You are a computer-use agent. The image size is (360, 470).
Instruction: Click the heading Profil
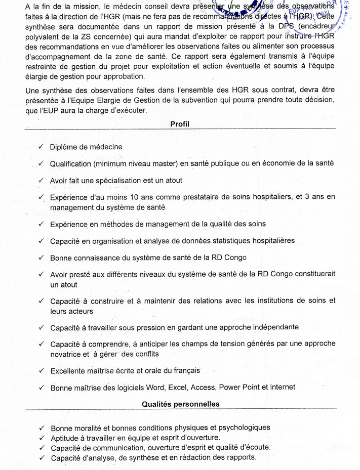(180, 124)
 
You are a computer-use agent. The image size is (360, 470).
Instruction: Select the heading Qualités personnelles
(180, 404)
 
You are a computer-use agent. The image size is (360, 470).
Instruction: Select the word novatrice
(69, 354)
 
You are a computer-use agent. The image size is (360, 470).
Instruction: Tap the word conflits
(144, 354)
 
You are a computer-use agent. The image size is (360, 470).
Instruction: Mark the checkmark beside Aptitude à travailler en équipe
(41, 437)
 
